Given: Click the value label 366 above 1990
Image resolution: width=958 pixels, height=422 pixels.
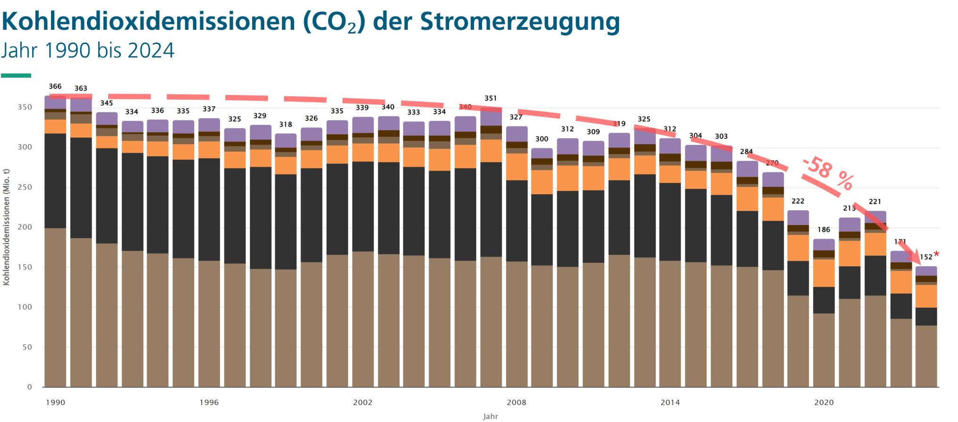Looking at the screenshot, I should [55, 86].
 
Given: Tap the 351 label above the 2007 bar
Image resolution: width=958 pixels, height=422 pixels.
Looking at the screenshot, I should [491, 98].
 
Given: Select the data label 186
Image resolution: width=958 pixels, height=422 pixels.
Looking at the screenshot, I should [823, 230].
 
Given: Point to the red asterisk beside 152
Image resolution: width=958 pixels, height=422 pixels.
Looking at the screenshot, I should [936, 255].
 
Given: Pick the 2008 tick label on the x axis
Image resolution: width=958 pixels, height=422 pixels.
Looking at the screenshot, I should [516, 403].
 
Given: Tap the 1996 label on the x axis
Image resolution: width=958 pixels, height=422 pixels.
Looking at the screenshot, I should [209, 403].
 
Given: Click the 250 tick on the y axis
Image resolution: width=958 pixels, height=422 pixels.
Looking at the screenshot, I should [25, 188].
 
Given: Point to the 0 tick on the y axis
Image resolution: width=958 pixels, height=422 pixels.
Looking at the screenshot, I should [30, 387].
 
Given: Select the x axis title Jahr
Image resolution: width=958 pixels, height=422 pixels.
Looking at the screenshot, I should [491, 416].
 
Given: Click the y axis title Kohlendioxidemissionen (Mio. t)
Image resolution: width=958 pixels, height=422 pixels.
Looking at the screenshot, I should [7, 226].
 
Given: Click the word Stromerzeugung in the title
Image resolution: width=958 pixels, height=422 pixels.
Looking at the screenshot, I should [520, 22].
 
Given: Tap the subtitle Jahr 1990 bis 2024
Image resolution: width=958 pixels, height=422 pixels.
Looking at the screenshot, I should [88, 51].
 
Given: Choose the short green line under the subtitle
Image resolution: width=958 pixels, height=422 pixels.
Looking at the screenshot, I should [16, 76].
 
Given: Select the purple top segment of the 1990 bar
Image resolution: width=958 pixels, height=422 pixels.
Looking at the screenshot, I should [55, 102].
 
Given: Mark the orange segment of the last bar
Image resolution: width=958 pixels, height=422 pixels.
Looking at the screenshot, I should [926, 296].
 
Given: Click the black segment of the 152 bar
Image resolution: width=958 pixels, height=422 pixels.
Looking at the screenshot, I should [926, 317].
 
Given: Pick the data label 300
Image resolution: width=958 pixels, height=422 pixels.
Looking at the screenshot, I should [542, 139].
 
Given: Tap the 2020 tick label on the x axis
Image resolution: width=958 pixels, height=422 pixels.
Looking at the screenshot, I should [823, 403].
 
